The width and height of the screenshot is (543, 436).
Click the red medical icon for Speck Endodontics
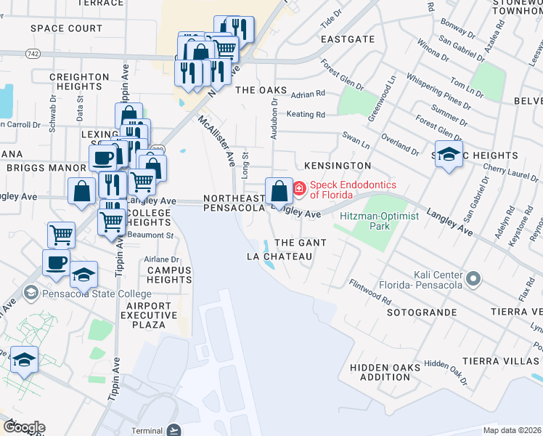299,190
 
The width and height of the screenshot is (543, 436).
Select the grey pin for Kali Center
473,278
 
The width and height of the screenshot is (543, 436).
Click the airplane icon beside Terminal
173,429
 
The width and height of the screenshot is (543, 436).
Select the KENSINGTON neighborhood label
338,166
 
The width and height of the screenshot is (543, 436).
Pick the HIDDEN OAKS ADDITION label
385,373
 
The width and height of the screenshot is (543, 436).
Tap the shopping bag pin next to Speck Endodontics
279,192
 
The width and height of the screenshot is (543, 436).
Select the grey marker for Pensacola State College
30,294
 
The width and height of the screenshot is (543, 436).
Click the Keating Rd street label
305,114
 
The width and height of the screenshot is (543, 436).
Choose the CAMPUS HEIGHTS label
169,274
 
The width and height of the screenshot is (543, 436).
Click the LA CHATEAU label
279,257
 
